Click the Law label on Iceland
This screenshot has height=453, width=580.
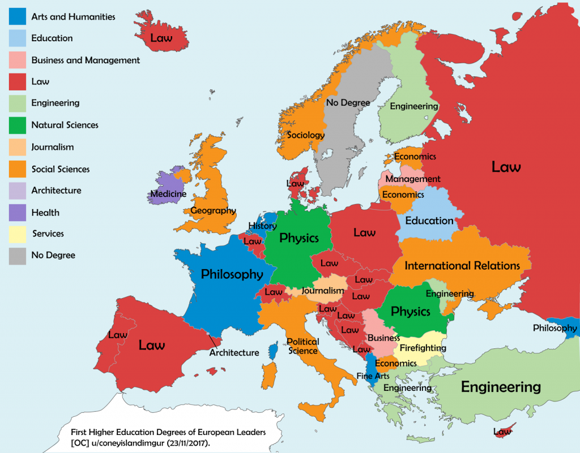click(x=161, y=38)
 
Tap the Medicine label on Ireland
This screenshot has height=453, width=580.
click(x=168, y=194)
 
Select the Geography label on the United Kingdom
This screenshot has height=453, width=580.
click(x=213, y=210)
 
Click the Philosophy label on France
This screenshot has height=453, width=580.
click(x=232, y=274)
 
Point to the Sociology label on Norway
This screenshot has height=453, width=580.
click(x=306, y=135)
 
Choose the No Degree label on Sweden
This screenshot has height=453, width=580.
click(x=348, y=102)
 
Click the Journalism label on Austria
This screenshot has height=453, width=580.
click(x=323, y=291)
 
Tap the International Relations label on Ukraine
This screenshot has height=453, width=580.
click(x=462, y=265)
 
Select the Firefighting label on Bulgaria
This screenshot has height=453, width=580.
click(x=423, y=348)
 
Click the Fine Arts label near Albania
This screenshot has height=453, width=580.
click(x=373, y=376)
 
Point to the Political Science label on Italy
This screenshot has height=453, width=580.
click(x=303, y=346)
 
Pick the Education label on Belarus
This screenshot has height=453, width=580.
click(x=429, y=221)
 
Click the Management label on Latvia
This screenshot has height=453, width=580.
click(x=413, y=179)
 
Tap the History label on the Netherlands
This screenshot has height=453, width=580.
click(x=262, y=226)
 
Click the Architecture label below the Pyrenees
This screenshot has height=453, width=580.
click(x=234, y=353)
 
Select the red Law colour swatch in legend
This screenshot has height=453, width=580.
click(x=17, y=81)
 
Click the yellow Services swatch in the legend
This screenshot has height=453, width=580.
click(x=17, y=234)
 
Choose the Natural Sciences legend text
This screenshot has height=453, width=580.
click(x=65, y=125)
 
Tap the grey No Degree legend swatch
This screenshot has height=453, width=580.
click(x=17, y=256)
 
